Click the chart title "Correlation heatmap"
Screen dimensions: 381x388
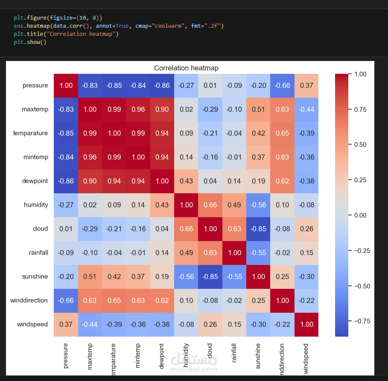tap(186, 68)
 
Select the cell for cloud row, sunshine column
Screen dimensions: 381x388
tap(258, 229)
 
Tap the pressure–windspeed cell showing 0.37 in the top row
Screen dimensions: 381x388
tap(306, 85)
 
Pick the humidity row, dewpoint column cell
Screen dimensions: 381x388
tap(162, 205)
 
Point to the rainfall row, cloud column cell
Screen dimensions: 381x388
tap(210, 253)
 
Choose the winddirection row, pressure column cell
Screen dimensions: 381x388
tap(66, 300)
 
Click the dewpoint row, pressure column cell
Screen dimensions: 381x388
tap(66, 181)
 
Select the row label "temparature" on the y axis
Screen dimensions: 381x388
tap(31, 133)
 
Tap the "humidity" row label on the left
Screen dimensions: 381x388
tap(36, 205)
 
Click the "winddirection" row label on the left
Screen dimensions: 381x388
tap(29, 300)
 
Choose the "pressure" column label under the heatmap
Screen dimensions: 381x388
tap(66, 355)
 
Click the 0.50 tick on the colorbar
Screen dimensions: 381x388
tap(360, 145)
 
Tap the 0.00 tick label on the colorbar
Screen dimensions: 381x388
tap(360, 215)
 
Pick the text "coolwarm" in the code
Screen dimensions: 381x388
tap(169, 26)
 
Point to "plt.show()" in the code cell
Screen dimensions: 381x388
tap(29, 42)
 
